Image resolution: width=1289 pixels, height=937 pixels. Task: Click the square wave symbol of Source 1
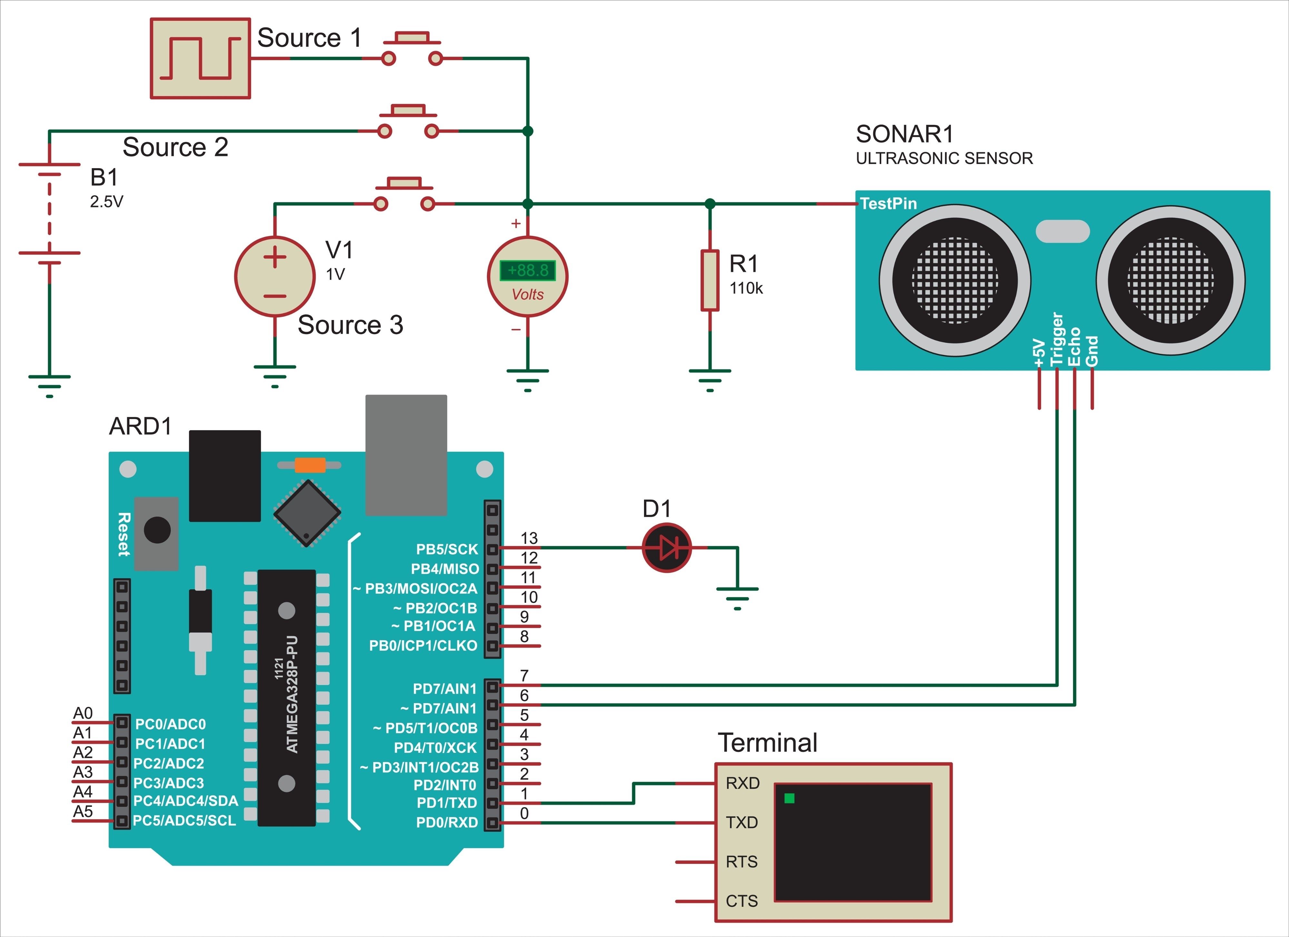(200, 58)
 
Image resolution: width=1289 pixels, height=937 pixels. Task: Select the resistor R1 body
(710, 280)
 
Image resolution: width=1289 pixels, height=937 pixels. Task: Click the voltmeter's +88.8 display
(527, 270)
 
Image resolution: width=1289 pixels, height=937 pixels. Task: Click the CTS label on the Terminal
(742, 901)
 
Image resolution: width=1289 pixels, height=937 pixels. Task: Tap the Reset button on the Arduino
(157, 531)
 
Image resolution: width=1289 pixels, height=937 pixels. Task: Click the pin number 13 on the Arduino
(529, 537)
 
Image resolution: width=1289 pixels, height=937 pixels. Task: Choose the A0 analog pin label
(83, 713)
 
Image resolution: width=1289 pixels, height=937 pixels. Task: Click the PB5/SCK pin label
(447, 549)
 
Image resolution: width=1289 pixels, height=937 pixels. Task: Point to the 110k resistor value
(746, 289)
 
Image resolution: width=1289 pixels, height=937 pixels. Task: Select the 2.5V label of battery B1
(106, 202)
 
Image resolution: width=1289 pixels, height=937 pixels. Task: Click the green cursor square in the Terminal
(789, 798)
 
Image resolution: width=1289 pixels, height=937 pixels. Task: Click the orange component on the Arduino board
(310, 465)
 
